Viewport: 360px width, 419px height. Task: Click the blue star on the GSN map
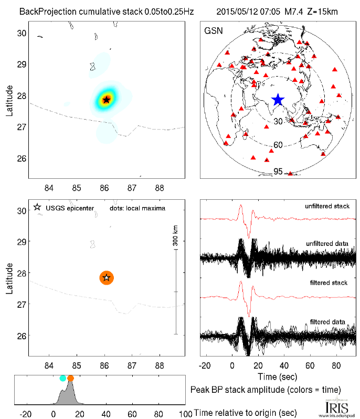click(278, 100)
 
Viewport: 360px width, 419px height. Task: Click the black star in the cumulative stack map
click(107, 100)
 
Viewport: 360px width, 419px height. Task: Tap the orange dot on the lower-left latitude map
click(107, 277)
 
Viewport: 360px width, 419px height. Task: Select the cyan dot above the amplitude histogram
click(63, 378)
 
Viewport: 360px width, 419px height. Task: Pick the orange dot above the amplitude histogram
click(71, 378)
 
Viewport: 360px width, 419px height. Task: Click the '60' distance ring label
click(279, 145)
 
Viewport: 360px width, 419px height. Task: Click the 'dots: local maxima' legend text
click(137, 208)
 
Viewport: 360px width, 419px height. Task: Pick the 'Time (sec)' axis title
click(278, 376)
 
